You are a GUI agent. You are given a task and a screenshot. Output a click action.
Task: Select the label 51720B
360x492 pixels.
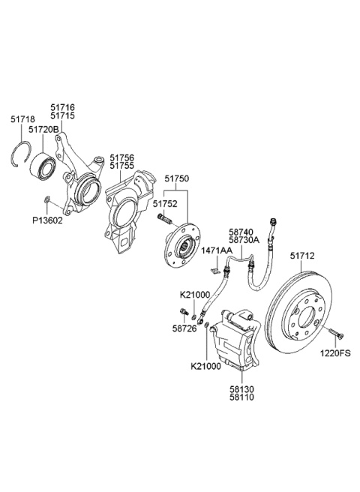(x=44, y=129)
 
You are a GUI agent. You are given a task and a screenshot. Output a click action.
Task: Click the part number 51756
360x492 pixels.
(x=122, y=157)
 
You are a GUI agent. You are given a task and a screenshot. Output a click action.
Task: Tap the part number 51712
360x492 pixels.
(x=302, y=256)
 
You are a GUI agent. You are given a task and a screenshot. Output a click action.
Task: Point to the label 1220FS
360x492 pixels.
(x=337, y=352)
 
